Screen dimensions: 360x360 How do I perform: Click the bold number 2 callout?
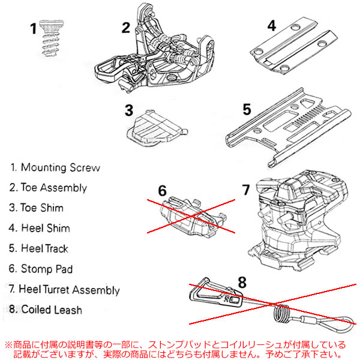[x=125, y=27]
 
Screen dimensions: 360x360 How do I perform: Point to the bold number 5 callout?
[x=246, y=110]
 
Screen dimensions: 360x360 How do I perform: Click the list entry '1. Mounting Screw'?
[x=55, y=167]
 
